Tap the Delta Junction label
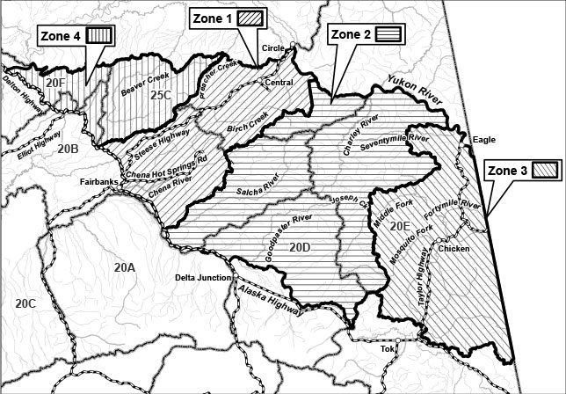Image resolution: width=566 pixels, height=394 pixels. (203, 278)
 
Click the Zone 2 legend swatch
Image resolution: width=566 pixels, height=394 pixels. (389, 34)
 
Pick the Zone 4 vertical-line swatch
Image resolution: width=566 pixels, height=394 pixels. (99, 35)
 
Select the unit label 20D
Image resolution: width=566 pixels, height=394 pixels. (300, 249)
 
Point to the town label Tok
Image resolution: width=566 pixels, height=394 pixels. (388, 348)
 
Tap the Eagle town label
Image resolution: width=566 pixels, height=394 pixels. (484, 140)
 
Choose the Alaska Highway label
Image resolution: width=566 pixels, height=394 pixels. (269, 299)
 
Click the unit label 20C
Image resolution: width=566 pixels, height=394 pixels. (25, 303)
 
